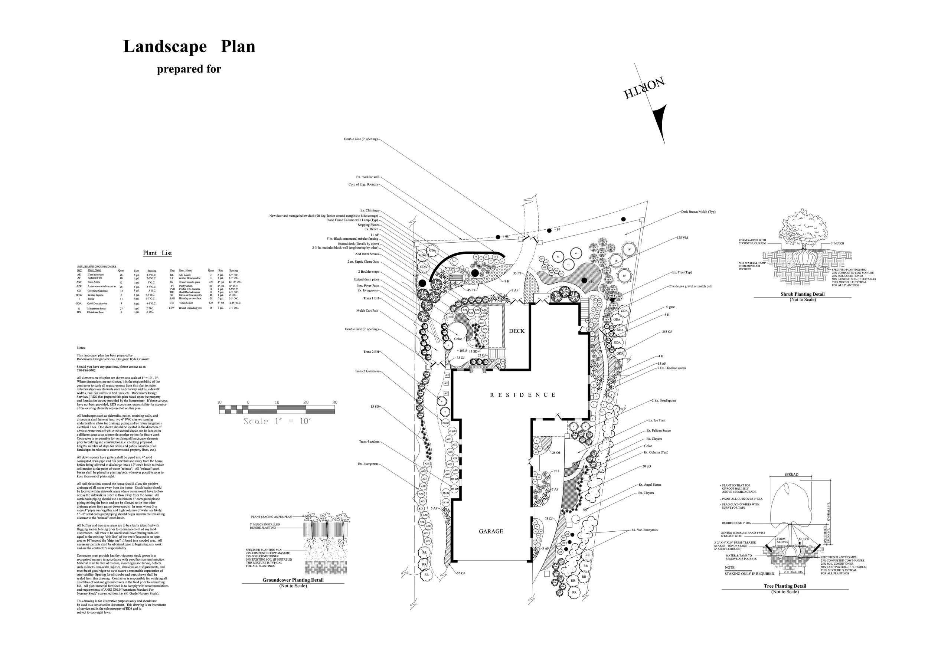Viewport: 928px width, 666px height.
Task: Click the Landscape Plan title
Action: point(189,47)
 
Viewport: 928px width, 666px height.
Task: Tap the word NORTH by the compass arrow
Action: point(644,88)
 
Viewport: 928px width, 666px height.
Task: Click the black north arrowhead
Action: point(659,123)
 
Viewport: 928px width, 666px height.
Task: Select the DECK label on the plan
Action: point(516,331)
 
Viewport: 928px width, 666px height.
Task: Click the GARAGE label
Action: point(491,531)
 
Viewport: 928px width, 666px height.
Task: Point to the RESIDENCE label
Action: point(523,395)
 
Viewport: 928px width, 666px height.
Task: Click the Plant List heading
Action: point(157,253)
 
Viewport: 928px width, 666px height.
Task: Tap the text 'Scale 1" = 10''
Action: point(277,421)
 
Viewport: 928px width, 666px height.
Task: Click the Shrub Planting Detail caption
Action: point(803,294)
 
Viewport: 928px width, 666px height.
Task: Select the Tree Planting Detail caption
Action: point(785,586)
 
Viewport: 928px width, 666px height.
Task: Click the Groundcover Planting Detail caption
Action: point(293,580)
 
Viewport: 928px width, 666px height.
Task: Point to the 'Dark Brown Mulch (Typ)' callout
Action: point(698,212)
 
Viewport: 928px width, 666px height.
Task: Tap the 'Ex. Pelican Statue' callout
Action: point(659,430)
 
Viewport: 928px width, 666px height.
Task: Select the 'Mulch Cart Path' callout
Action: point(367,311)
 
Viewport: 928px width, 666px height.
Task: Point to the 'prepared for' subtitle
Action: point(189,69)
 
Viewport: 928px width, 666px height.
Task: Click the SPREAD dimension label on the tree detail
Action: point(791,475)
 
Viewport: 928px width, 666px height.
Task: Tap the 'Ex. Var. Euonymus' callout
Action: point(644,530)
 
